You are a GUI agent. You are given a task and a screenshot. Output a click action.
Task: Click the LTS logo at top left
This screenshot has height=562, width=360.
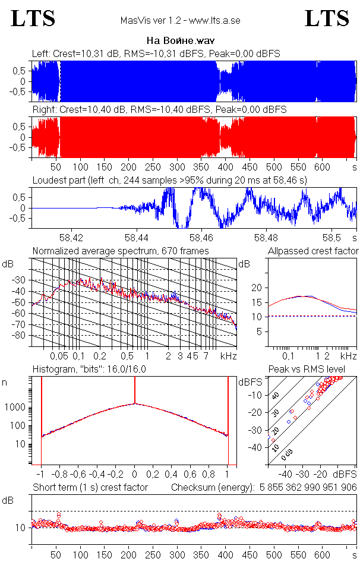33,18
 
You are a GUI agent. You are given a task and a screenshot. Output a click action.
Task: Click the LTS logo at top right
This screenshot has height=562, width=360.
327,18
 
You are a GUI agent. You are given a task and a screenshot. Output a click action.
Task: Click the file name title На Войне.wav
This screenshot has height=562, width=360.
180,41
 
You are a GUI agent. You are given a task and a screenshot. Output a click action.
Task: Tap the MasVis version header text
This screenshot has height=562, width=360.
180,21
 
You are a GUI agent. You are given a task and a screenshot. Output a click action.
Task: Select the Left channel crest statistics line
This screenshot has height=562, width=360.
156,54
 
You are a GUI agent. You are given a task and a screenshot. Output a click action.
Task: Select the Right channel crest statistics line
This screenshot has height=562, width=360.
159,110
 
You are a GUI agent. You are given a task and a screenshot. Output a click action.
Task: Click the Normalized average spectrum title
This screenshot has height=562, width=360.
121,251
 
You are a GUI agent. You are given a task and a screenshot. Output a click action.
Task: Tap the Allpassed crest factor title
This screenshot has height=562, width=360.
313,251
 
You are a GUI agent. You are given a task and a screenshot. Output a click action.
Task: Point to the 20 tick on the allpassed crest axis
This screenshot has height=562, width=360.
257,288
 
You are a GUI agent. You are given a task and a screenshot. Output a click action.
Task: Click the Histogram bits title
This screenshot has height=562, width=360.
89,369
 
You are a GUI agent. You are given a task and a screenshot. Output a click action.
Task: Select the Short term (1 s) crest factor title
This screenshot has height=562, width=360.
90,488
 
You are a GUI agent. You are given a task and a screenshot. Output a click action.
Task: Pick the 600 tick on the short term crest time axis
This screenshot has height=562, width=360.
323,555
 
